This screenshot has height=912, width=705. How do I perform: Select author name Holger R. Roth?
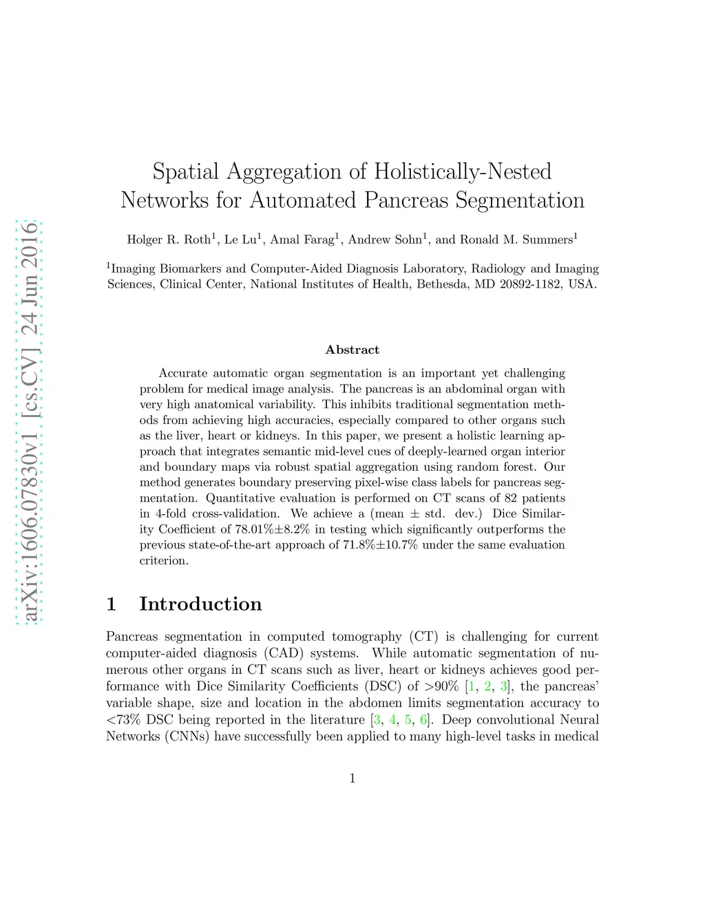pyautogui.click(x=169, y=240)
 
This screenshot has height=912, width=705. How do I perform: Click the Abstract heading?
pyautogui.click(x=352, y=350)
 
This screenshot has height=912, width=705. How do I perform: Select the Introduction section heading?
pyautogui.click(x=200, y=604)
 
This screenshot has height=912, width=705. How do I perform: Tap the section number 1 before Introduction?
pyautogui.click(x=112, y=604)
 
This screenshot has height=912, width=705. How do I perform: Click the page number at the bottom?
pyautogui.click(x=352, y=778)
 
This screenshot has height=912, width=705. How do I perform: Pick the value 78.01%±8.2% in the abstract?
pyautogui.click(x=272, y=529)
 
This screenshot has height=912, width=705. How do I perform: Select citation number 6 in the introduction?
pyautogui.click(x=423, y=720)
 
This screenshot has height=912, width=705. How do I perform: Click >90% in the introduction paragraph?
pyautogui.click(x=441, y=686)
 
